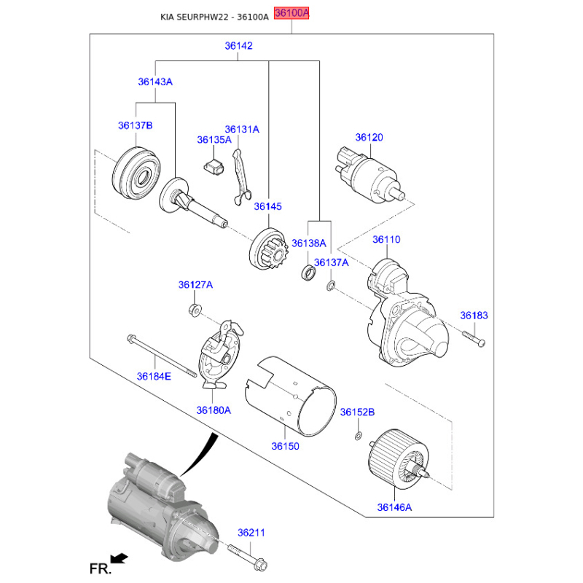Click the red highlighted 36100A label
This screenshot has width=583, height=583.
click(291, 13)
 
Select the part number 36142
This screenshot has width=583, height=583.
click(238, 46)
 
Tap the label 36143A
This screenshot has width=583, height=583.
click(155, 82)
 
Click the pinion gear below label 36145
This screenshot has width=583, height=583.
click(269, 249)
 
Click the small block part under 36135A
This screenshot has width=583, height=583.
click(214, 167)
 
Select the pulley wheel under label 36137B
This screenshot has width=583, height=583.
click(136, 173)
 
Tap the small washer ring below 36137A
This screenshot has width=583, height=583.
click(331, 286)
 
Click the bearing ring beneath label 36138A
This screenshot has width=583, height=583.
click(308, 273)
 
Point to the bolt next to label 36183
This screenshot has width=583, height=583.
click(474, 338)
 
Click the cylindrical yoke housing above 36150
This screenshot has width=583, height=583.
click(291, 396)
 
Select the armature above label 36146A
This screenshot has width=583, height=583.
click(398, 459)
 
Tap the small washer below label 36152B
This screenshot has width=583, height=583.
click(358, 435)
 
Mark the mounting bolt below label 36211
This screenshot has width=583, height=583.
click(247, 558)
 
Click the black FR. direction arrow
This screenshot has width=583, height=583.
click(119, 559)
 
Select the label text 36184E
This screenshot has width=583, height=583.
click(154, 377)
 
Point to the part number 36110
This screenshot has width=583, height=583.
click(386, 240)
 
